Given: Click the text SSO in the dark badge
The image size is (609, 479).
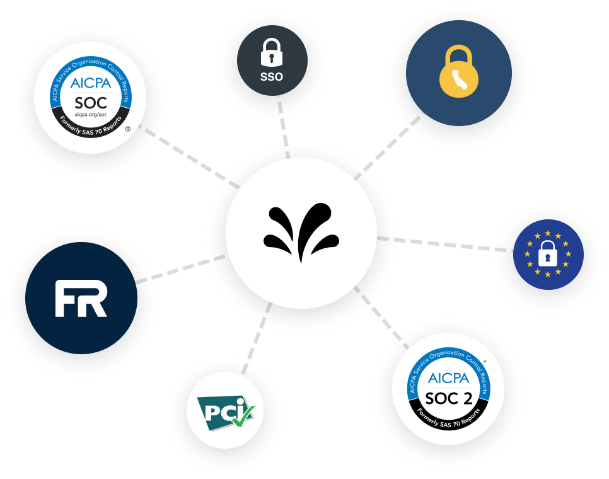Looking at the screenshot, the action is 272,78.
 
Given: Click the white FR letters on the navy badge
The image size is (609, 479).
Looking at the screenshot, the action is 81,298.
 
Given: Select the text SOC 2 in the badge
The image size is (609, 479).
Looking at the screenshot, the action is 448,398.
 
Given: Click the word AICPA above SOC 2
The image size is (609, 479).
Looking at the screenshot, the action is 448,378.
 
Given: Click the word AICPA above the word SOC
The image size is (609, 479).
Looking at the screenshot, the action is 91,83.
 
